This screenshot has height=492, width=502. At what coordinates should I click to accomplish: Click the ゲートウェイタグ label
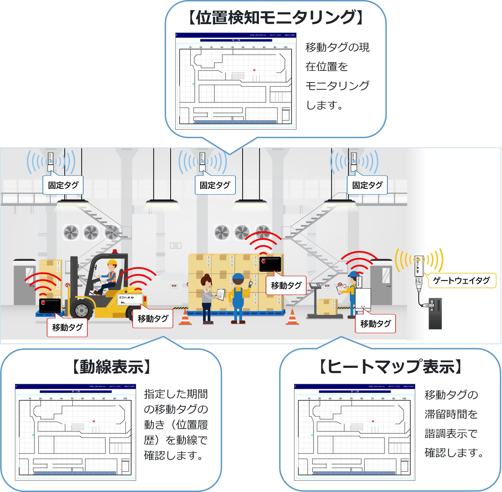(x=462, y=281)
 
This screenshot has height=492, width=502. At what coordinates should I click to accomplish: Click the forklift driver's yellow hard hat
(x=112, y=263)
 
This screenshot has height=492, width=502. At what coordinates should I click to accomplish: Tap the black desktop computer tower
(x=435, y=314)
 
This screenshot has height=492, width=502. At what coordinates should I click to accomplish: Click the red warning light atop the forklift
(x=114, y=251)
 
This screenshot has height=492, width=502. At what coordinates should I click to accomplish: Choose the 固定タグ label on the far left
(x=63, y=185)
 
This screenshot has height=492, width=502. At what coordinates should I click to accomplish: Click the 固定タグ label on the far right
(x=367, y=185)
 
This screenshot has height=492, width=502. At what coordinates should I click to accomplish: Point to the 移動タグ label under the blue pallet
(x=67, y=327)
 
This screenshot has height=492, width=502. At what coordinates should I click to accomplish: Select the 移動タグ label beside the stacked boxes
(x=286, y=285)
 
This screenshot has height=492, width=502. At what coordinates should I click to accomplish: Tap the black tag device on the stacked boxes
(x=270, y=264)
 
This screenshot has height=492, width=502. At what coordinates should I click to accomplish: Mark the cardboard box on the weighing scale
(x=327, y=307)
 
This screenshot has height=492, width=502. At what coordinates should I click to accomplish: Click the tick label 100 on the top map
(x=285, y=47)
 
